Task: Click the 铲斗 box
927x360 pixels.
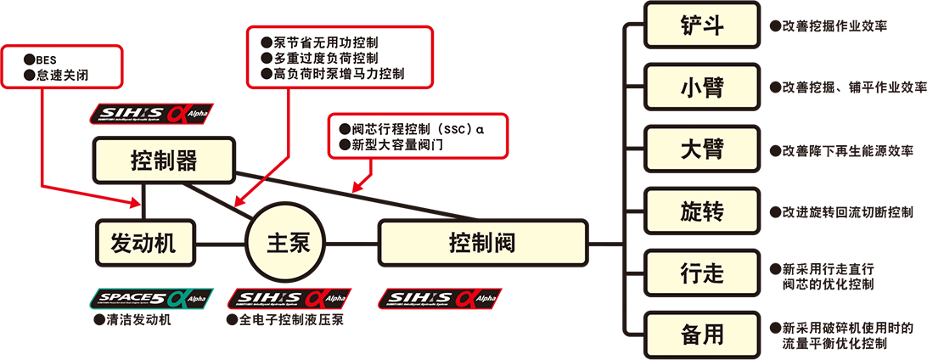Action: click(702, 25)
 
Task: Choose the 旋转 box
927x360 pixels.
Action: click(702, 211)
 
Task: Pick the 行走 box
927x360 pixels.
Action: click(702, 273)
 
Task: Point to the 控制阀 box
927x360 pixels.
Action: click(482, 243)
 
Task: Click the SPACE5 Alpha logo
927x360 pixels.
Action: click(149, 298)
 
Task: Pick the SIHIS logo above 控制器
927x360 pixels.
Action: click(149, 114)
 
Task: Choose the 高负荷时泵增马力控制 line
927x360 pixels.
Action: click(333, 74)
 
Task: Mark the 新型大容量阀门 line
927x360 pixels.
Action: click(390, 145)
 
